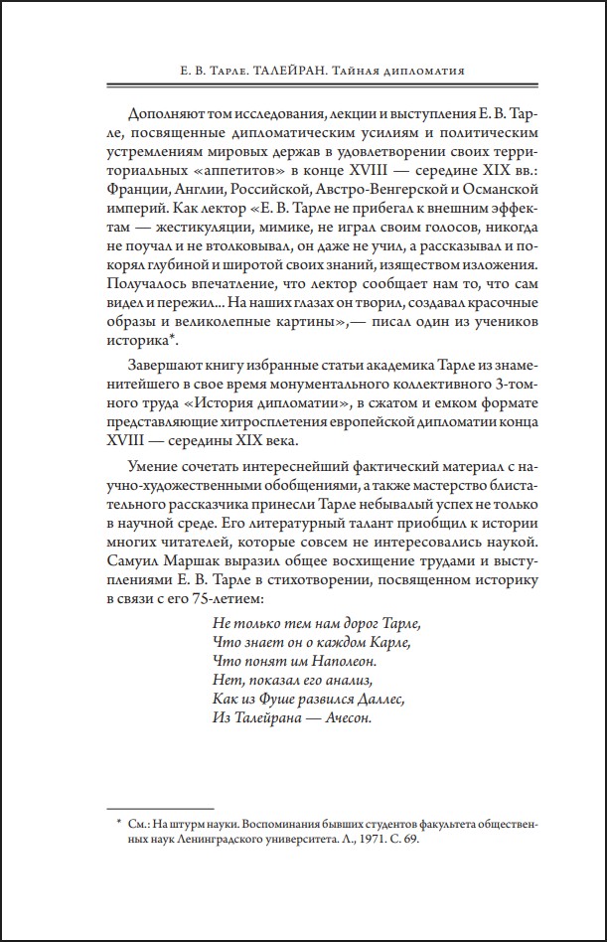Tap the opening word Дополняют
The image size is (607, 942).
click(x=168, y=111)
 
